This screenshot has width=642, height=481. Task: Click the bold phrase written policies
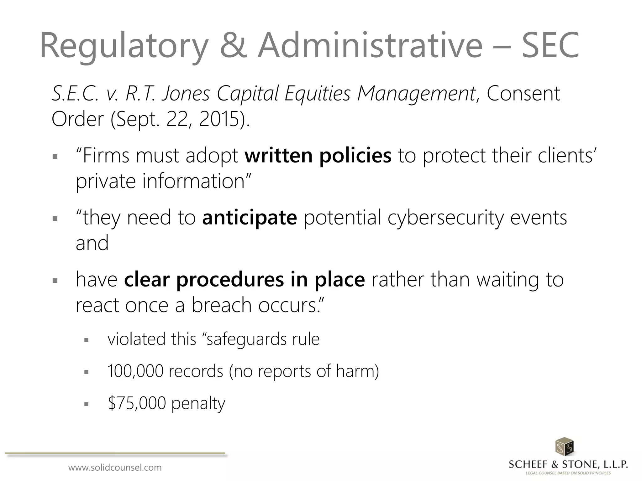coord(318,156)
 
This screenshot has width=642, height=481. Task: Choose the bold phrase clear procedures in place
coord(245,279)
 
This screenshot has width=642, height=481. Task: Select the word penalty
coord(198,403)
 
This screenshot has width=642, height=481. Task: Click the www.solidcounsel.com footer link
coord(115,468)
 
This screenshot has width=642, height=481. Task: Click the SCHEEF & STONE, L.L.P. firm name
coord(568,464)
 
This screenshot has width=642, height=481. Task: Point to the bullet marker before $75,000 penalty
coord(87,404)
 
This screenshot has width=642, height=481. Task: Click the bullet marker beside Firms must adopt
coord(55,156)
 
